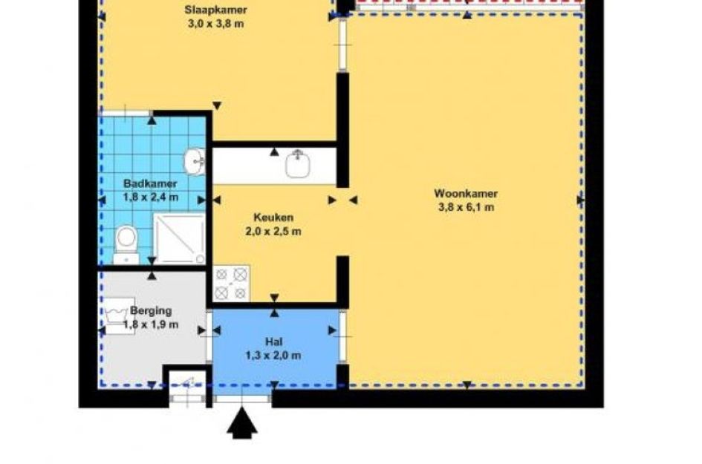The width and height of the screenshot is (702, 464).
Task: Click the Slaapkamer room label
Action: pyautogui.click(x=215, y=10)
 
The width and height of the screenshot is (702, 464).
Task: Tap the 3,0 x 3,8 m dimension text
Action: pyautogui.click(x=216, y=24)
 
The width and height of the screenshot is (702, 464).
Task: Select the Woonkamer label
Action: pyautogui.click(x=466, y=194)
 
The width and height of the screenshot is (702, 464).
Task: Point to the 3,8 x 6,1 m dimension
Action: pyautogui.click(x=466, y=207)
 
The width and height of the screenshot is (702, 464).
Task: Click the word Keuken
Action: pyautogui.click(x=273, y=218)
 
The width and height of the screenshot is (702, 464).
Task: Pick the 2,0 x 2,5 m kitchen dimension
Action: pyautogui.click(x=273, y=232)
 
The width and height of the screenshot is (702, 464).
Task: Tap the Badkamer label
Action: pyautogui.click(x=150, y=183)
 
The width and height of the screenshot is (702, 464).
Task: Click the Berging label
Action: pyautogui.click(x=151, y=310)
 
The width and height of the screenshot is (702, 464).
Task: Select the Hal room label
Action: pyautogui.click(x=273, y=342)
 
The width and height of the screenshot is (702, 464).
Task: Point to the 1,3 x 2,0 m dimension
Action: pyautogui.click(x=273, y=356)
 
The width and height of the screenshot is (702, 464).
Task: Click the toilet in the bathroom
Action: pyautogui.click(x=126, y=244)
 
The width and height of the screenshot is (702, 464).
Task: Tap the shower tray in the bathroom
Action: pyautogui.click(x=179, y=239)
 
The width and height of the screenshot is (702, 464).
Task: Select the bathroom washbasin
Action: pyautogui.click(x=195, y=160)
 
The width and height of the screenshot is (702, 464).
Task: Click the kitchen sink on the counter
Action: pyautogui.click(x=298, y=164)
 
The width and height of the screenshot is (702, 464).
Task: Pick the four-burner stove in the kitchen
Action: pyautogui.click(x=231, y=284)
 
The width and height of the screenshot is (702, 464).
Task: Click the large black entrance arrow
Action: pyautogui.click(x=242, y=422)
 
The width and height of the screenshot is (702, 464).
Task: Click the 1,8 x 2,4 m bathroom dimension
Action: pyautogui.click(x=150, y=197)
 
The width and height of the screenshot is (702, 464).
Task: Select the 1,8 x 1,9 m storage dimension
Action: pyautogui.click(x=150, y=324)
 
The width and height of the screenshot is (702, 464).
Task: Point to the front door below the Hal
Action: pyautogui.click(x=242, y=398)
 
